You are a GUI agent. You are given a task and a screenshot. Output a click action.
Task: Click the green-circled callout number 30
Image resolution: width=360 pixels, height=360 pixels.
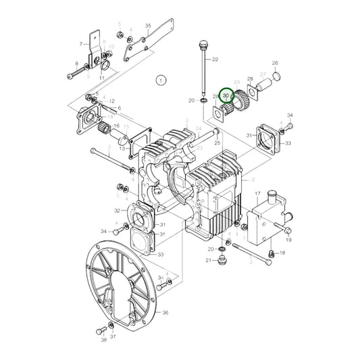226,97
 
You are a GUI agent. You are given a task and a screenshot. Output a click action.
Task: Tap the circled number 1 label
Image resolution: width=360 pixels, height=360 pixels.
160,80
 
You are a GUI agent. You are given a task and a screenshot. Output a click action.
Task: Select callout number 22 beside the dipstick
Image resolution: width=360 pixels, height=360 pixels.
215,60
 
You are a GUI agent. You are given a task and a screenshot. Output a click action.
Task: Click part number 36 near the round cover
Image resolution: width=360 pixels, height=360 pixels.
165,313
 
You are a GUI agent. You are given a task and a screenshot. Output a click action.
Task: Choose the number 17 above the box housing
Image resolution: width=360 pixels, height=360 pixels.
257,194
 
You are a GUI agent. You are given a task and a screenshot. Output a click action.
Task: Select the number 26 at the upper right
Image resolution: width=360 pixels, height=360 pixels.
275,63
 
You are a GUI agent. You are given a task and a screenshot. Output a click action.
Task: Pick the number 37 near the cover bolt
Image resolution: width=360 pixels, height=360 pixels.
113,336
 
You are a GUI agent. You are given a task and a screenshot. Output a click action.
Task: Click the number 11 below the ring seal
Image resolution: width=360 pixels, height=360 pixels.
101,78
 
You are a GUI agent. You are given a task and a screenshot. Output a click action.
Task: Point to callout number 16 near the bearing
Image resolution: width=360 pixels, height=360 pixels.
116,126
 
